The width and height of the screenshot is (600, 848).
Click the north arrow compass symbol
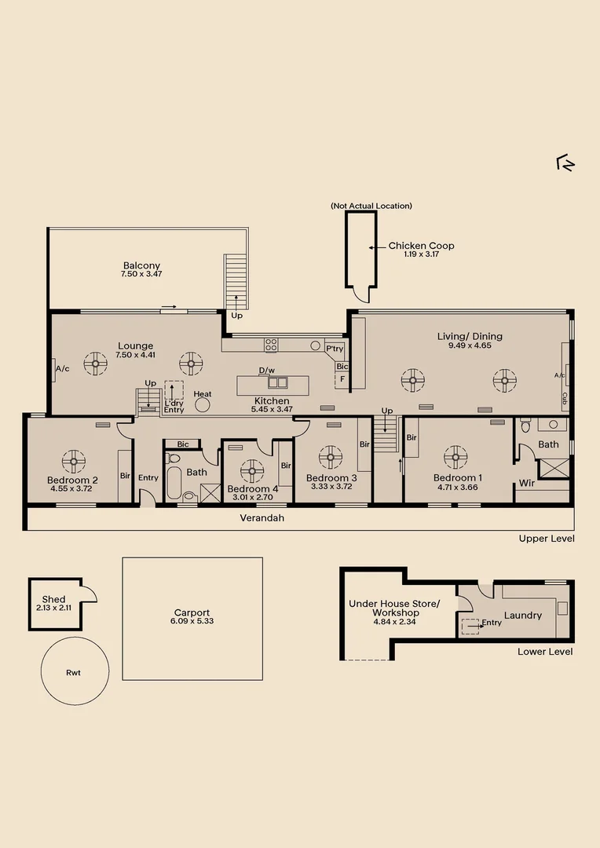coord(565,163)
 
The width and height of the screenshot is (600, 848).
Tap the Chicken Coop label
coord(421,246)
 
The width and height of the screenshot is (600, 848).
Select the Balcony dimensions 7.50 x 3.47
coord(141,274)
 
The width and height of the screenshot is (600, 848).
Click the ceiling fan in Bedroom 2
coord(74,462)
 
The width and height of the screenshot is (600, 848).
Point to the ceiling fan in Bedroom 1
coord(455,457)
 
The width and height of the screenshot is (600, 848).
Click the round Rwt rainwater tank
coord(75,671)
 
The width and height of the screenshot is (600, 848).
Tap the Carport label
coord(192,612)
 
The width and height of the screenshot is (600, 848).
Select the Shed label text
coord(53,599)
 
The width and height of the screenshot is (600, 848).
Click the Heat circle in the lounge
coord(203,404)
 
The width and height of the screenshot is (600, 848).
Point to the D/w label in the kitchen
coord(267,371)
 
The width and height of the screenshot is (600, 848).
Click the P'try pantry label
coord(335,349)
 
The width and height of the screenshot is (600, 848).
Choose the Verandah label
coord(262,518)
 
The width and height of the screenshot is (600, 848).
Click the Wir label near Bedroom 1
coord(526,483)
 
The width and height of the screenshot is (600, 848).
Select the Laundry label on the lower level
coord(522,616)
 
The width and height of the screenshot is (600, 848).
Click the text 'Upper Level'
coord(547,539)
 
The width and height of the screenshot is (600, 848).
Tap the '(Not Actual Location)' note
coord(371,206)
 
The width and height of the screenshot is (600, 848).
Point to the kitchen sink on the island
coord(277,383)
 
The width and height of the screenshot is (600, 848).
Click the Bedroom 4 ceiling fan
coord(252,471)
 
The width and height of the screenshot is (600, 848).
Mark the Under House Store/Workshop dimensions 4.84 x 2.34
coord(394,622)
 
